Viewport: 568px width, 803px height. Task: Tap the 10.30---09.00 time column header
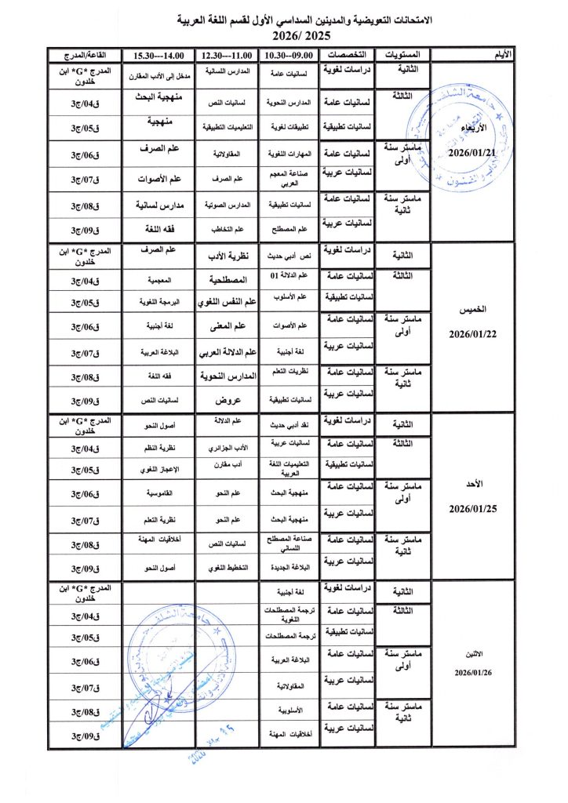tap(289, 55)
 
